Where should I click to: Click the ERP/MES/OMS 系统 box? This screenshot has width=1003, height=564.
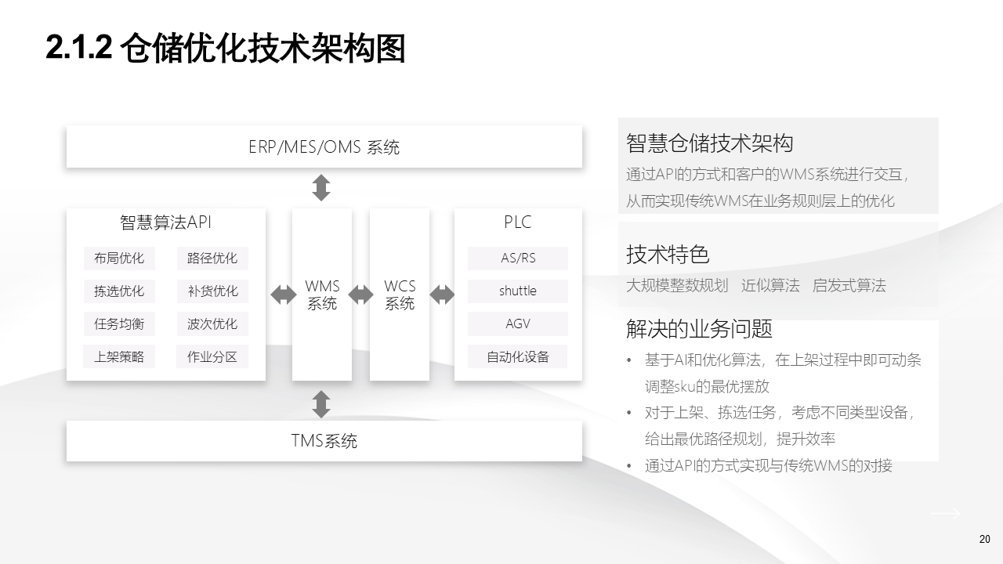pos(324,146)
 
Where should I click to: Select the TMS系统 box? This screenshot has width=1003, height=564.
pos(324,441)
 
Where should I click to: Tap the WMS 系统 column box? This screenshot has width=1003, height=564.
pos(322,295)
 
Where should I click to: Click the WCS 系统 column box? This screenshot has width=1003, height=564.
pos(400,295)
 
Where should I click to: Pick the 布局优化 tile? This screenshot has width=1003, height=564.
pos(119,258)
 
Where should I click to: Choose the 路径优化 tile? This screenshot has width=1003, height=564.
pos(212,258)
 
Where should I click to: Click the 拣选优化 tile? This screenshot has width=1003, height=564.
pos(119,291)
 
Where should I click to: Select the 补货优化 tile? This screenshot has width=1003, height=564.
pos(212,291)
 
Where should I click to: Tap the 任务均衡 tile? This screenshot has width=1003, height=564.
pos(119,324)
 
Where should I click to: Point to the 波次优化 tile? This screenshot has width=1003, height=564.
pos(212,324)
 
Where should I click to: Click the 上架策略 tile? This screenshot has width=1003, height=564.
pos(119,357)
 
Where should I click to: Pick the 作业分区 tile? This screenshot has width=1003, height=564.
pos(212,357)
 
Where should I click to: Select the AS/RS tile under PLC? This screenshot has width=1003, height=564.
pos(518,258)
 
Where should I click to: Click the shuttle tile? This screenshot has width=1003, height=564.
pos(518,291)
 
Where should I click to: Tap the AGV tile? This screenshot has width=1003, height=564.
pos(518,324)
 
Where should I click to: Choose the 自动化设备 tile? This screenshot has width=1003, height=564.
pos(518,357)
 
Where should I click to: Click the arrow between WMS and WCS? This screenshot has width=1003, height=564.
pos(360,295)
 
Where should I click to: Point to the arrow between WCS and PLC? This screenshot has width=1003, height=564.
pos(442,295)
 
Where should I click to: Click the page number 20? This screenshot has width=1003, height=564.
pos(985,539)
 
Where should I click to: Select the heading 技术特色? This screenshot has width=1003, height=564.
pos(668,255)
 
